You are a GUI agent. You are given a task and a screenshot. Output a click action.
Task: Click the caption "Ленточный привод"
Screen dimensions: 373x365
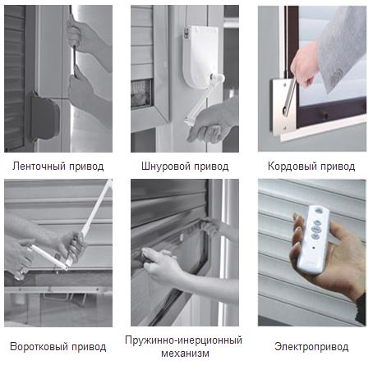point(58,167)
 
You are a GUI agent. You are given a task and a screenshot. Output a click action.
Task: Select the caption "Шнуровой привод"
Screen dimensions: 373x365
point(185,167)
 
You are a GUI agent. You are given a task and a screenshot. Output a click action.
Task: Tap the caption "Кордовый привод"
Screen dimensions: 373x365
point(311,167)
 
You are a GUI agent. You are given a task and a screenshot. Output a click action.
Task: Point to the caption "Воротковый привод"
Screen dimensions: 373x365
point(58,347)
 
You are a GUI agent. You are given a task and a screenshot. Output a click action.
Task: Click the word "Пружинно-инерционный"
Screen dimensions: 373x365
point(183,340)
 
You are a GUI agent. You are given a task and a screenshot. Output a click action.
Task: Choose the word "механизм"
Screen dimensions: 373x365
point(185,354)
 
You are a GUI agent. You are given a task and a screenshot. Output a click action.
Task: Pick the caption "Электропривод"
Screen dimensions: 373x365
point(311,347)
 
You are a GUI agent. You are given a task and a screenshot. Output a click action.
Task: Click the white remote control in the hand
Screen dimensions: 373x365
point(314,240)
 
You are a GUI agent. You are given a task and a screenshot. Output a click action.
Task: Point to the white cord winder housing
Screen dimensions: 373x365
point(200,57)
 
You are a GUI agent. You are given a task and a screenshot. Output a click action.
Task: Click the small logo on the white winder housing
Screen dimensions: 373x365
point(187,34)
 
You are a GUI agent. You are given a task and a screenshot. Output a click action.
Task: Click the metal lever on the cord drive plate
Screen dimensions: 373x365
point(289,97)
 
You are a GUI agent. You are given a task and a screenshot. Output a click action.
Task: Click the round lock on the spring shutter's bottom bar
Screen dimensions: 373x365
point(181,237)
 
